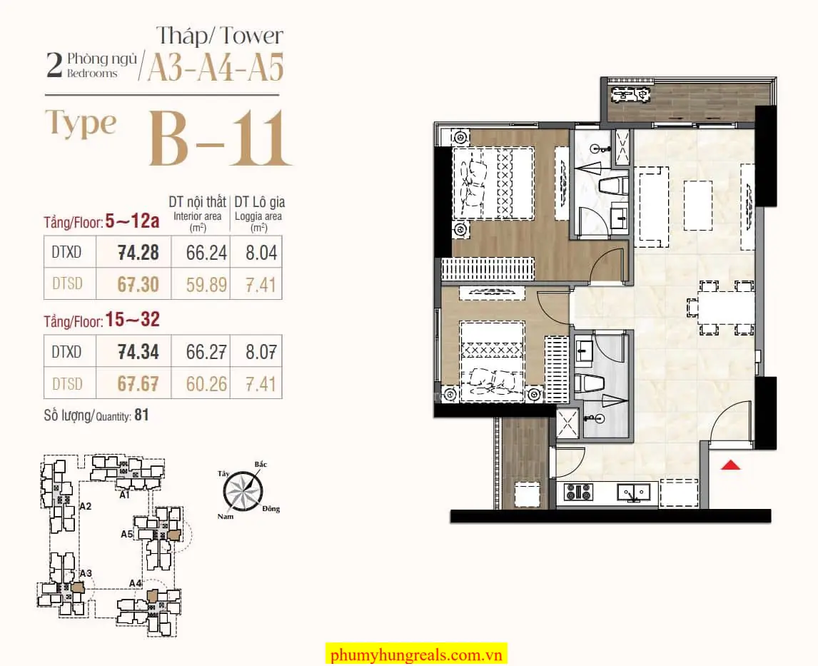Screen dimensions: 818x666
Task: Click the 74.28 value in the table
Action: point(138,253)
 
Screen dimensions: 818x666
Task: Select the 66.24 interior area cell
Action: point(206,253)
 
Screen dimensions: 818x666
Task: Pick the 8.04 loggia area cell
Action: point(261,253)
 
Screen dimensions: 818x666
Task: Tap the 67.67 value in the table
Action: point(138,384)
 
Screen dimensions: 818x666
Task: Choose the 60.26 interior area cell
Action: point(206,384)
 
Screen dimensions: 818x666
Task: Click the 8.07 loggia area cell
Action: point(261,352)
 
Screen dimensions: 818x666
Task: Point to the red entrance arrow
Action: point(730,465)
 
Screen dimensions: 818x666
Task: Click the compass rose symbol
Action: point(243,491)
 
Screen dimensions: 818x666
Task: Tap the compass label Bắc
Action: point(261,464)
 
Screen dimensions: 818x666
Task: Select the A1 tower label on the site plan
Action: point(124,495)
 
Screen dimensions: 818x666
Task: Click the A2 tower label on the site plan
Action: point(86,506)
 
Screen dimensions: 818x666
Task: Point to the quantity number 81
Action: point(141,415)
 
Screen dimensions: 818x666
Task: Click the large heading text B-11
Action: point(219,138)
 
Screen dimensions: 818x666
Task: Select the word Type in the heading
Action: point(81,123)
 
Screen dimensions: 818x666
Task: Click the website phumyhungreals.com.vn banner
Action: point(416,654)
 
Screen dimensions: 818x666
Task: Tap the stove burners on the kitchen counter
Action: point(579,492)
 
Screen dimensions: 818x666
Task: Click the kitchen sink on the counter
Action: point(633,493)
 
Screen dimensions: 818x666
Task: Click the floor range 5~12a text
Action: point(132,221)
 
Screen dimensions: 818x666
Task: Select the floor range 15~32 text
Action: point(133,319)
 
